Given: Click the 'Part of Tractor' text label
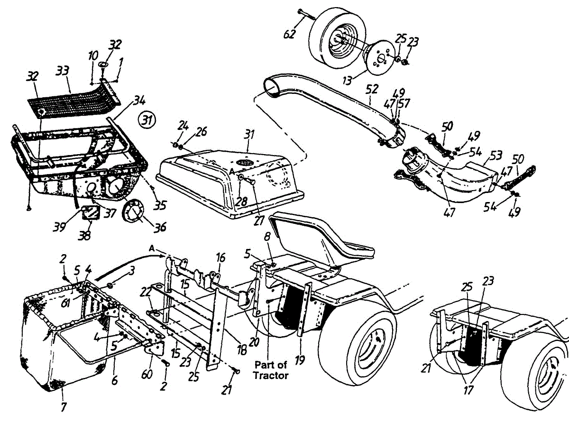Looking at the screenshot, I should pyautogui.click(x=271, y=370).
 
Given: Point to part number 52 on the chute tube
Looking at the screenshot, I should pyautogui.click(x=373, y=89).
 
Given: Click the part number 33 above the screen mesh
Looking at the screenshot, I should pyautogui.click(x=62, y=72).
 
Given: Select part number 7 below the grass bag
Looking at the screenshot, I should pyautogui.click(x=64, y=406).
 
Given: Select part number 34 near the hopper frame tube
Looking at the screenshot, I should pyautogui.click(x=138, y=101).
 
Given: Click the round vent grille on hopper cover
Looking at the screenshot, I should pyautogui.click(x=245, y=163).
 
